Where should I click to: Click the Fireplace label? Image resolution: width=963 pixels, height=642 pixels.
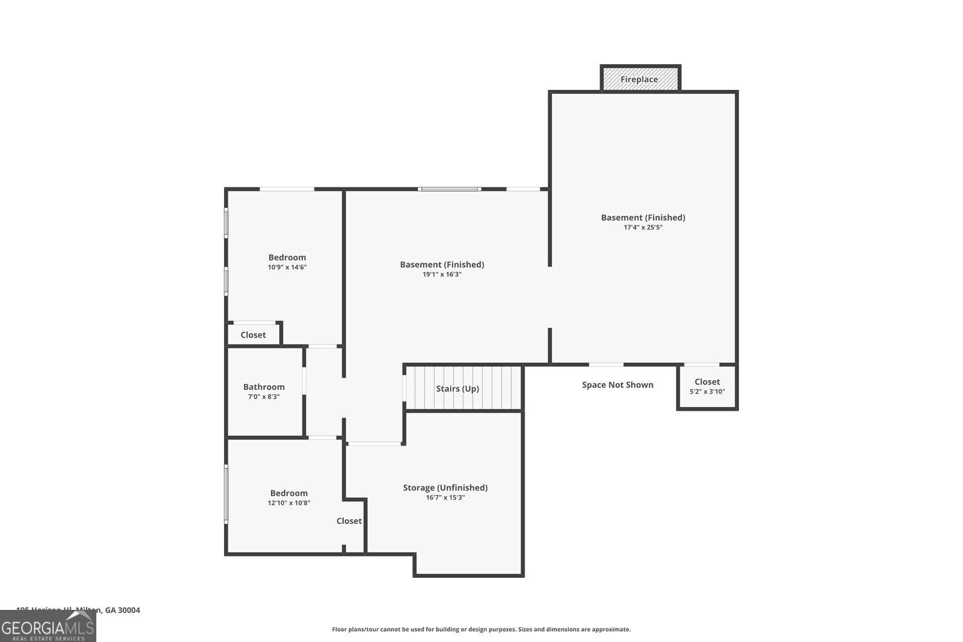(639, 80)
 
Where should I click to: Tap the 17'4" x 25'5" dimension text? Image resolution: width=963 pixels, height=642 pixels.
(643, 227)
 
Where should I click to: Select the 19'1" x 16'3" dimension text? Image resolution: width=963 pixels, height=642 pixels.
(442, 274)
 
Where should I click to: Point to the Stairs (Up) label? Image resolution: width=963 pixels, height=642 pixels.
(457, 388)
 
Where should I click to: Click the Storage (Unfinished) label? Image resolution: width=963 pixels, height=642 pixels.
(445, 487)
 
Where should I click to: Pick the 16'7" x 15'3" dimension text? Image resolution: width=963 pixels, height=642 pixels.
(445, 498)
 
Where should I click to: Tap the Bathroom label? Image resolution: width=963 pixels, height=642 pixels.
(263, 386)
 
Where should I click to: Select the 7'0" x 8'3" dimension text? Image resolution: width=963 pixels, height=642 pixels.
(263, 397)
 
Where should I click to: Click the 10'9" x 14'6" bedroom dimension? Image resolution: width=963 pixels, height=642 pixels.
(287, 267)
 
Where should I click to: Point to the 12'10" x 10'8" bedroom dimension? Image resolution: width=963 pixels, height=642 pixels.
(289, 503)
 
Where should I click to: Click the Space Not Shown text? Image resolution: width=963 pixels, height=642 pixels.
(617, 385)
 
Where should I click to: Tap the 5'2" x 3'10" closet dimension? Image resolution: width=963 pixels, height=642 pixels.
(707, 392)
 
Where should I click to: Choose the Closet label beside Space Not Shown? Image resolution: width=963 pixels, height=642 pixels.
(707, 381)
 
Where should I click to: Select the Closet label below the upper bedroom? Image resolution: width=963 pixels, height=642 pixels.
(253, 334)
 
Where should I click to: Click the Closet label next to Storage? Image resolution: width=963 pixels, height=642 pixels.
(349, 521)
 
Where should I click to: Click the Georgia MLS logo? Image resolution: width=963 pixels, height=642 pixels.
(48, 627)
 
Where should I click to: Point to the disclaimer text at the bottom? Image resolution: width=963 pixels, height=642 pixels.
(481, 629)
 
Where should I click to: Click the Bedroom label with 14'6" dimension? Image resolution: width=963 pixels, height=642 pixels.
(287, 257)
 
